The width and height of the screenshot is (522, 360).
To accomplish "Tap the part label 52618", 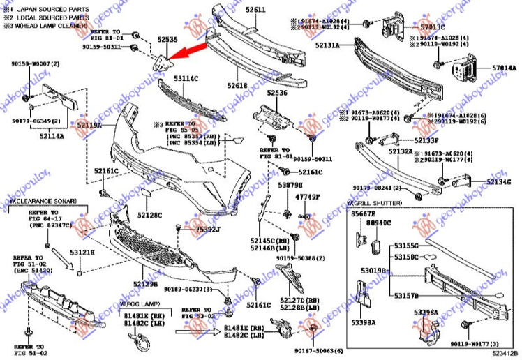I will tap(237, 85).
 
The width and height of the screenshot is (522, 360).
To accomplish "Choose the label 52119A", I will tap(89, 126).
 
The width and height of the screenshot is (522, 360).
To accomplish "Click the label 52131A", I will tap(326, 45).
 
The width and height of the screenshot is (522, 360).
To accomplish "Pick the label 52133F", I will tap(427, 140).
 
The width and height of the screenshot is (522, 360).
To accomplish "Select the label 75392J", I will tap(207, 229).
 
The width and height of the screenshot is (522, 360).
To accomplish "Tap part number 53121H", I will tap(81, 252).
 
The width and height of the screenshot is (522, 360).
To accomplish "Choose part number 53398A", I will tap(364, 322).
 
